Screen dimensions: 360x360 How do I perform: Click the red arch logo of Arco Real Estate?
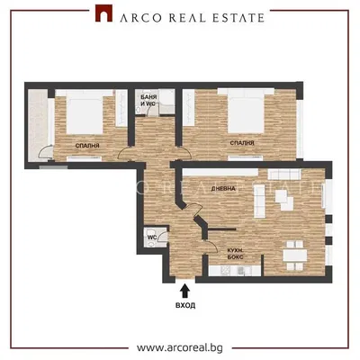tap(103, 13)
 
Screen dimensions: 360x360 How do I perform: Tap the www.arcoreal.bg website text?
tap(180, 347)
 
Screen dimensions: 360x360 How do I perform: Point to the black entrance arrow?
tap(185, 291)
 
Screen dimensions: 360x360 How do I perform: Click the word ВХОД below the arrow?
tap(185, 306)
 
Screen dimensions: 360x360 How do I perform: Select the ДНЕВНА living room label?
tap(223, 189)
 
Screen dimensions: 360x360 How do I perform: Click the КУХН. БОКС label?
tap(235, 254)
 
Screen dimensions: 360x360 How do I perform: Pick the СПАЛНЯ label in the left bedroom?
tap(87, 146)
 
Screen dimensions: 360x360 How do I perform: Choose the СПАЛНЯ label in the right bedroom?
tap(242, 143)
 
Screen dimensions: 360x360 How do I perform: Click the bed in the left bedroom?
tap(85, 112)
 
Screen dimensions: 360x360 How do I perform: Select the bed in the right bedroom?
tap(246, 111)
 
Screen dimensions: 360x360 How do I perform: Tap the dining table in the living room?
tap(295, 256)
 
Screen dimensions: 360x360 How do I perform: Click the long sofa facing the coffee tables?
tap(259, 201)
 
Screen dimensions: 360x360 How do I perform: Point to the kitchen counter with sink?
tap(235, 271)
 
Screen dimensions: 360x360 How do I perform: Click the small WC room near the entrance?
tap(155, 237)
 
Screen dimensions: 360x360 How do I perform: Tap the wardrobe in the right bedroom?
tap(189, 108)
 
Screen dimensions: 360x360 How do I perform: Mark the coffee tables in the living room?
tap(284, 201)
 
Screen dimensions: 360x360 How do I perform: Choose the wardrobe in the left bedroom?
tap(121, 108)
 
